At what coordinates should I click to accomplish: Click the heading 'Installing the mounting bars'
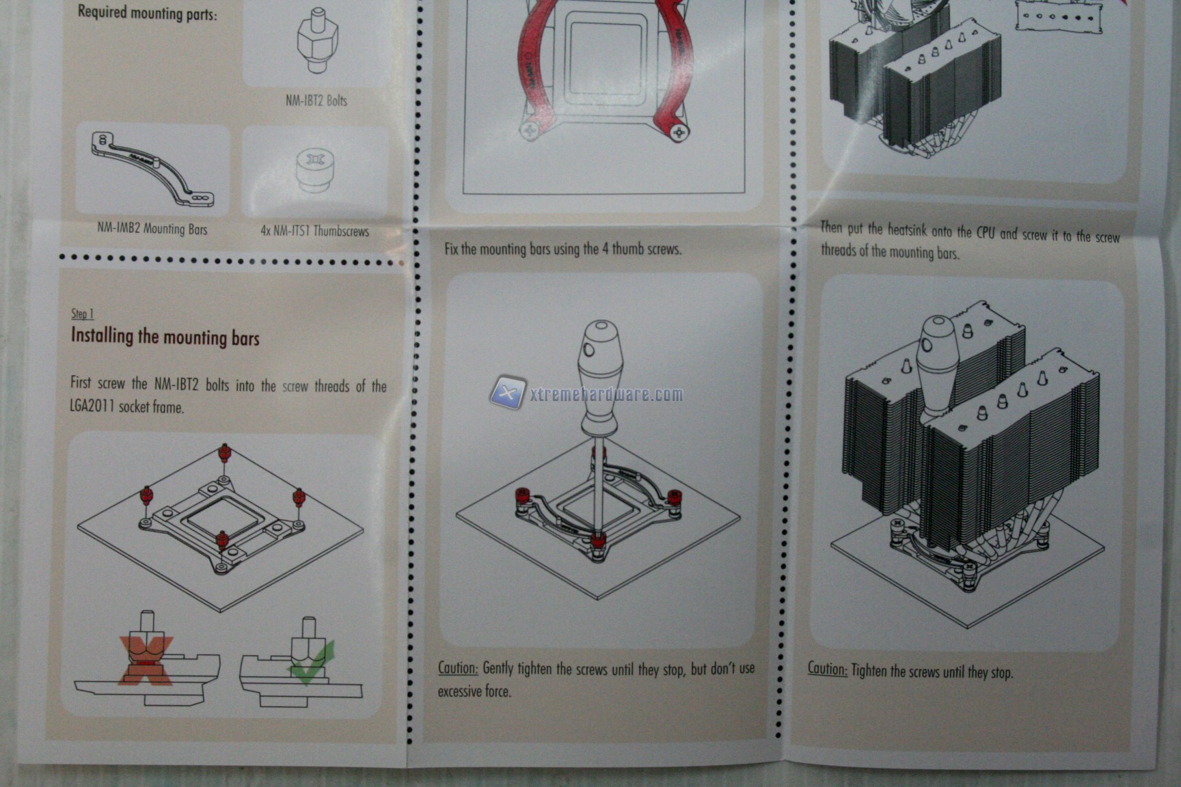pos(165,337)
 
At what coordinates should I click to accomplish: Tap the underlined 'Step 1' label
pos(82,314)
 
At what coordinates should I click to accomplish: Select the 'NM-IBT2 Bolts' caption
pos(316,100)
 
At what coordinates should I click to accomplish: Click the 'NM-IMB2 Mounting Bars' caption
pos(152,229)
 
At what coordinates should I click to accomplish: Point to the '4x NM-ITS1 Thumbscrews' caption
pos(314,231)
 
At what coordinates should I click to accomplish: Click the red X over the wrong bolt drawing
pos(146,660)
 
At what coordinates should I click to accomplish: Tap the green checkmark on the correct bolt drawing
pos(312,663)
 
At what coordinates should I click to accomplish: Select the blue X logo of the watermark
pos(507,392)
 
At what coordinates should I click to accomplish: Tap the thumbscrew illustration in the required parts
pos(314,171)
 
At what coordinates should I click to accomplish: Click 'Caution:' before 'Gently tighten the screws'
pos(458,667)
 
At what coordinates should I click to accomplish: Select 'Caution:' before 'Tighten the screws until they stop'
pos(828,668)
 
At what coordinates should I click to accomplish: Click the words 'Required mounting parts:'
pos(147,12)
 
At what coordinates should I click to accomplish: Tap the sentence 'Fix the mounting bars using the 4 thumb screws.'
pos(562,249)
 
